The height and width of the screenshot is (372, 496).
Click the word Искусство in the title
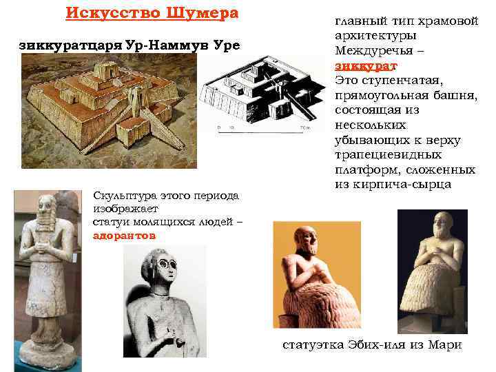tap(105, 14)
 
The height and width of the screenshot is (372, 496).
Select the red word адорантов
tap(125, 235)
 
